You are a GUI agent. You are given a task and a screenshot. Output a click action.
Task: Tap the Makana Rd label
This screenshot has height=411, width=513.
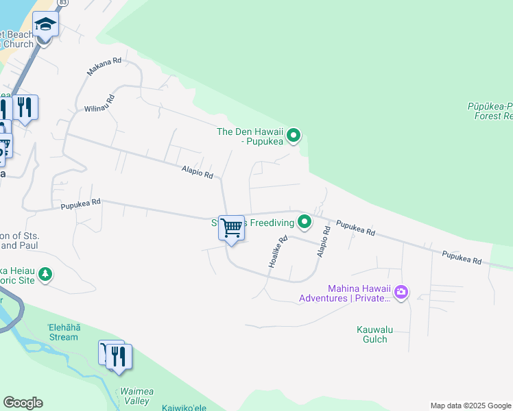(x=104, y=66)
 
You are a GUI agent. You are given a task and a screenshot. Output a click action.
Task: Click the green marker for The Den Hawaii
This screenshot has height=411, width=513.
(x=294, y=136)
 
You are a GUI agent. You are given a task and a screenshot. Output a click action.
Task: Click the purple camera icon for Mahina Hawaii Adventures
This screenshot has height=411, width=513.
(x=401, y=292)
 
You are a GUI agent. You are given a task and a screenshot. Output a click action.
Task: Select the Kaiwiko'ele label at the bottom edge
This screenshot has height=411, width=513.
(x=184, y=408)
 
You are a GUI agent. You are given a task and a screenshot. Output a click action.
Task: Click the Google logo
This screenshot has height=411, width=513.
(x=23, y=403)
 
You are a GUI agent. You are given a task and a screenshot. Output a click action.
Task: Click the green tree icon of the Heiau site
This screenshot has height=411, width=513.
(x=45, y=275)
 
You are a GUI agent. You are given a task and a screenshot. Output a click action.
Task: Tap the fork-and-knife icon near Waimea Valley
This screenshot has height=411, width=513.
(x=119, y=357)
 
